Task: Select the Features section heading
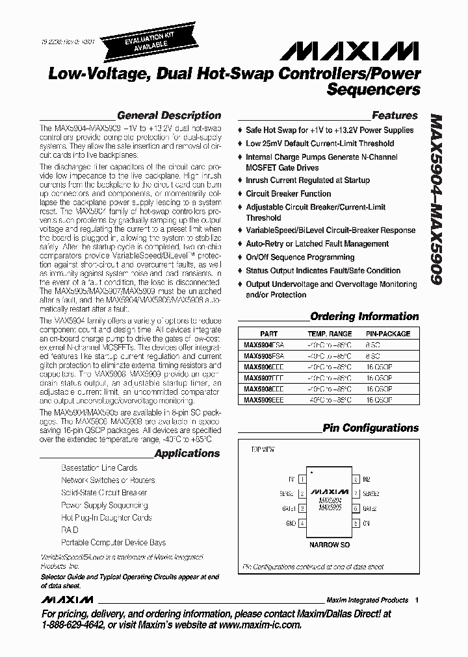(x=394, y=116)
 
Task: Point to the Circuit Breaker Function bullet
(x=288, y=193)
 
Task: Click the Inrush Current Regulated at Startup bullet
(x=307, y=180)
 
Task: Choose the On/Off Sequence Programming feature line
(x=300, y=257)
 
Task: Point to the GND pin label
(x=291, y=523)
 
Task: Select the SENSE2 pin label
(x=371, y=494)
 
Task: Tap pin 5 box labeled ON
(x=356, y=523)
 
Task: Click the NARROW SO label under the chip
(x=329, y=545)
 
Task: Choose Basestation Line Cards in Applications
(x=99, y=467)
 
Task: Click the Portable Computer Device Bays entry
(x=113, y=542)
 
